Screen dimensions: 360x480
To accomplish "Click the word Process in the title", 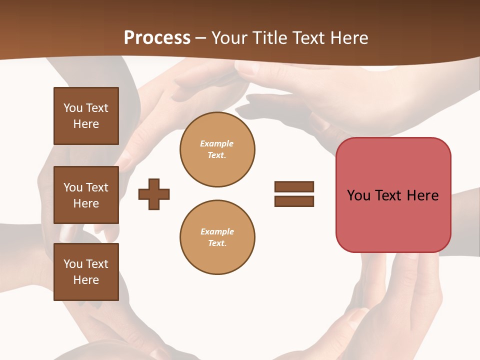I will point(157,38).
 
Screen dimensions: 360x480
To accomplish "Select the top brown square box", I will point(86,116).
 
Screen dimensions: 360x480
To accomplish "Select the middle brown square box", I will point(86,195).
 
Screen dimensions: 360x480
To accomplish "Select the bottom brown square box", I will point(86,272).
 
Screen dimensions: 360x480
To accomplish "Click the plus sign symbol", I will point(154,194).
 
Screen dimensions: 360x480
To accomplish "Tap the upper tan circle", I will point(217,149).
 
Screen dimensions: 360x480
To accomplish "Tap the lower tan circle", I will point(217,237).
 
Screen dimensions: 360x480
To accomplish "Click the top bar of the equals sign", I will point(294,186).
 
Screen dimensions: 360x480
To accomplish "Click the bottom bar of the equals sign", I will point(294,201).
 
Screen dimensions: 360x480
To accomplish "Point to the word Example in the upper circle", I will point(217,143).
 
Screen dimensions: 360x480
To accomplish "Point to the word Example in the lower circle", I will point(217,231).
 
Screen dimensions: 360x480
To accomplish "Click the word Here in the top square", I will point(86,124).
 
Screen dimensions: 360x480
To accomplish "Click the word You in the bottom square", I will point(73,264).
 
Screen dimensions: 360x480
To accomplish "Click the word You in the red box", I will point(358,195).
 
